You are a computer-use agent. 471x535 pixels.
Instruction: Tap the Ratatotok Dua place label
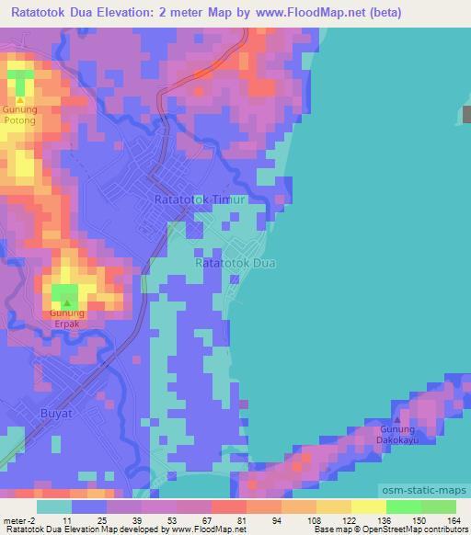235,263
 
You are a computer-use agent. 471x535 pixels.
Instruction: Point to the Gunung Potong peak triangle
20,99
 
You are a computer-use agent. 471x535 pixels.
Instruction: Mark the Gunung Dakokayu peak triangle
397,419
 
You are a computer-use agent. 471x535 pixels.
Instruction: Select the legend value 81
242,520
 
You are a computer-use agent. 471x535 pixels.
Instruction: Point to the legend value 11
67,520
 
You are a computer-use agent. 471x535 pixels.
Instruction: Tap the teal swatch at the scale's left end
54,507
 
